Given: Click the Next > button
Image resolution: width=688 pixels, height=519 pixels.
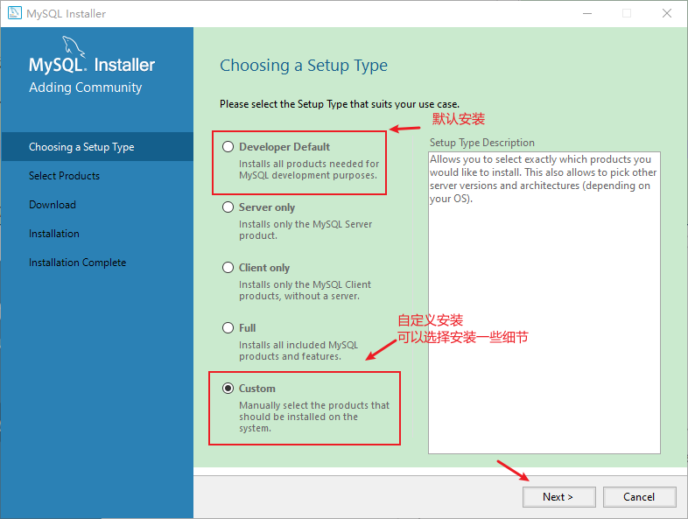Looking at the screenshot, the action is click(x=558, y=496).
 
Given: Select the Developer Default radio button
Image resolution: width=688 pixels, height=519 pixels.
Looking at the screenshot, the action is click(x=228, y=146).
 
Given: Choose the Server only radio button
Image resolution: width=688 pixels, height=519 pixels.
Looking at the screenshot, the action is click(x=228, y=207).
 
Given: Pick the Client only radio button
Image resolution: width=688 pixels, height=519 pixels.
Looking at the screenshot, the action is click(x=228, y=268).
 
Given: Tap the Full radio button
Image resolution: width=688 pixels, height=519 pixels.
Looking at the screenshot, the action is click(x=228, y=327).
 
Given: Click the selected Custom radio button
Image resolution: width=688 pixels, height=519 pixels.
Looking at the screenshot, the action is click(x=228, y=389).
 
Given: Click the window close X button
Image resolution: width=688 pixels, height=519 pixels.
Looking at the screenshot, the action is click(x=667, y=14).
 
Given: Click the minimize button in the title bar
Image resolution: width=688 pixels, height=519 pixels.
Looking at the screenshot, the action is click(x=587, y=14).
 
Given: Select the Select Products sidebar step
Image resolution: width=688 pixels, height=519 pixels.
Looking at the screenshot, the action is click(x=64, y=176).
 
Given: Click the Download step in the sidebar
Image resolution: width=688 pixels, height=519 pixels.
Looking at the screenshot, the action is click(x=53, y=205).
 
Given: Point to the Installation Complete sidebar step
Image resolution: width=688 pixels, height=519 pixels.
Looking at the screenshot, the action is click(x=77, y=263).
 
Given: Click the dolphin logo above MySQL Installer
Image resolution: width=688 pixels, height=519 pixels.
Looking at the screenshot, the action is click(x=74, y=46).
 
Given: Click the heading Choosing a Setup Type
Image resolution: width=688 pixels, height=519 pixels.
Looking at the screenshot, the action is click(x=304, y=66).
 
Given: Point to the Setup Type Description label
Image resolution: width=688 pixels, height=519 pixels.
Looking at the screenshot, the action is click(x=481, y=143).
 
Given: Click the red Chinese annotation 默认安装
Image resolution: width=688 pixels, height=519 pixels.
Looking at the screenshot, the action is click(x=459, y=118).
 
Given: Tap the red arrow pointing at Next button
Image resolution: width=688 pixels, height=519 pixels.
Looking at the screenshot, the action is click(x=513, y=470).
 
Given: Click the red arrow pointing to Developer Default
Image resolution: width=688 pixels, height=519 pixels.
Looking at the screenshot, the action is click(x=404, y=129).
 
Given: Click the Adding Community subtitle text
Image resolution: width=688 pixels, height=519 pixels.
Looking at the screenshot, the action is click(x=86, y=88).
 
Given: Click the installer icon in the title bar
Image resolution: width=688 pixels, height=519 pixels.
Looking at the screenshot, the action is click(x=15, y=13).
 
